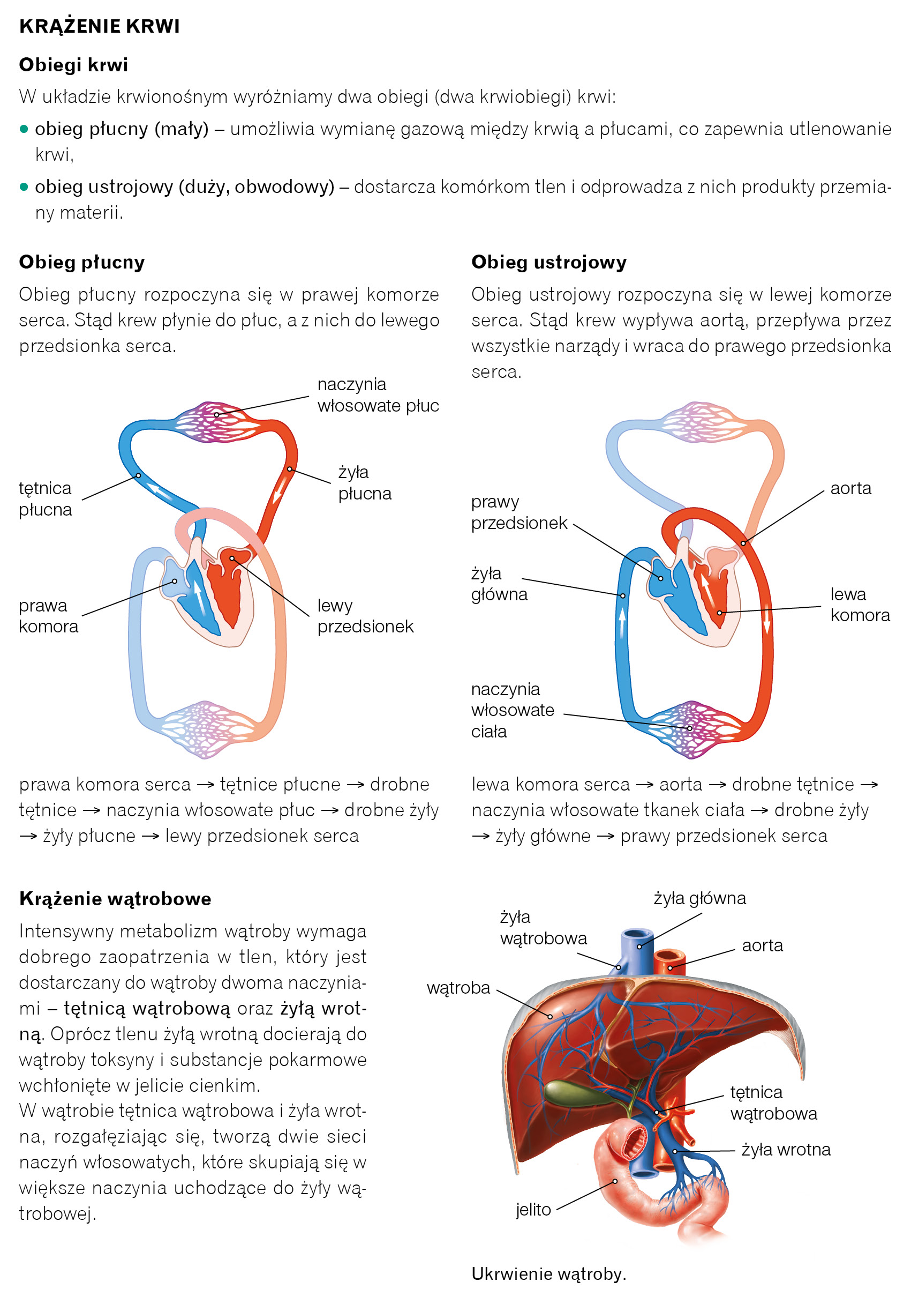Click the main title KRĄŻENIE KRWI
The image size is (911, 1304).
coord(99,26)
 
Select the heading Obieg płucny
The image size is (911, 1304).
coord(82,262)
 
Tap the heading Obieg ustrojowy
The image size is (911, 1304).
coord(548,262)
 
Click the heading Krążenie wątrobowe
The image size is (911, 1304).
coord(115,898)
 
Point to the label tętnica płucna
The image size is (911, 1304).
coord(45,498)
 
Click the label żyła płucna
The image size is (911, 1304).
coord(364,483)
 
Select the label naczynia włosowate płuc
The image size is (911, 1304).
coord(378,394)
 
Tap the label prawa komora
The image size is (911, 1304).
coord(48,616)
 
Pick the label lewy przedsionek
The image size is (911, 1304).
coord(365,616)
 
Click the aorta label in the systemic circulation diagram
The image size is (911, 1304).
coord(850,488)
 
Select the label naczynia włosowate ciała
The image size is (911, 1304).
coord(512,710)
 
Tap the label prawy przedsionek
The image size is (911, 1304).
coord(519,512)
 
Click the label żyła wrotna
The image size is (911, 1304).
coord(786,1150)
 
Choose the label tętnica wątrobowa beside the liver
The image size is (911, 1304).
coord(773,1103)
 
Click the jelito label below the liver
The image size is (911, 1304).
coord(533,1210)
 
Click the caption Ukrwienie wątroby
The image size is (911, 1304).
coord(548,1274)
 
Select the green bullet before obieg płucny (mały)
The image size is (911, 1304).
coord(24,129)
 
